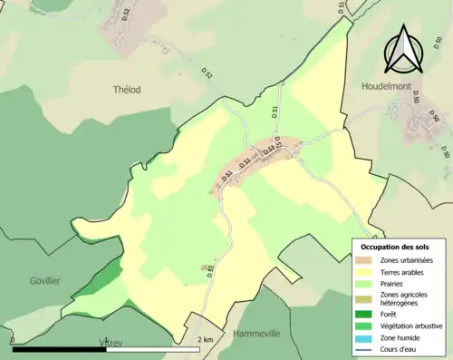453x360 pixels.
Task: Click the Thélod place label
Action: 129,90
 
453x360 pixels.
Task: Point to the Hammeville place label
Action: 256,334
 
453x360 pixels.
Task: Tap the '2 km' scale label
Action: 206,339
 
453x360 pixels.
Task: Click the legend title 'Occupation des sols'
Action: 396,247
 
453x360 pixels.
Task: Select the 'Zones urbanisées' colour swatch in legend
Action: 366,260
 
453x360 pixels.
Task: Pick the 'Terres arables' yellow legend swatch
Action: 366,271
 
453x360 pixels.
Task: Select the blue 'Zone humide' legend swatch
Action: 366,337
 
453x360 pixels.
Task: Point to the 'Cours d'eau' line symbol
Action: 366,349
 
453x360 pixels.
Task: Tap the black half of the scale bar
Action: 59,348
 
